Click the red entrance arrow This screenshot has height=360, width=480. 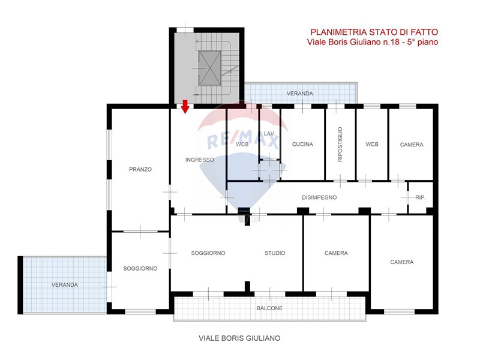(x=185, y=106)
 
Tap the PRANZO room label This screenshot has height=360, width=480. (x=140, y=169)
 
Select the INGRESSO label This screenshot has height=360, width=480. (x=200, y=160)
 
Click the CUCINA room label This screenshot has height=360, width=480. (x=302, y=144)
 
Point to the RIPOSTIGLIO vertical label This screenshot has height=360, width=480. (x=340, y=144)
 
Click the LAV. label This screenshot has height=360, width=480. (x=269, y=133)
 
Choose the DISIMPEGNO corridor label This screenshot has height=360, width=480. (x=319, y=198)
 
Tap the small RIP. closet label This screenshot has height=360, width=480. (x=421, y=198)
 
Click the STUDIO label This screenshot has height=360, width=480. (x=275, y=253)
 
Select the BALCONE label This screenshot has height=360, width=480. (x=269, y=308)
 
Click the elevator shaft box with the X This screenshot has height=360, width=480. (x=209, y=68)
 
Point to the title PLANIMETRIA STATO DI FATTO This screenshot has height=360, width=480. (x=374, y=32)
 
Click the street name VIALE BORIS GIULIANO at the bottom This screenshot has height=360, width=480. (x=239, y=338)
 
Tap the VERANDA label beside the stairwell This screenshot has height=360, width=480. (x=299, y=94)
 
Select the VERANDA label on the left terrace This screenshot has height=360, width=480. (x=65, y=284)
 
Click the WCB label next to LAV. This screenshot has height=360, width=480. (x=242, y=144)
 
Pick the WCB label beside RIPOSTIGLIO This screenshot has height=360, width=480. (x=371, y=144)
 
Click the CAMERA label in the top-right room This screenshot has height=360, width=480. (x=412, y=145)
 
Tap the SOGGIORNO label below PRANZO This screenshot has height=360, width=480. (x=140, y=268)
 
